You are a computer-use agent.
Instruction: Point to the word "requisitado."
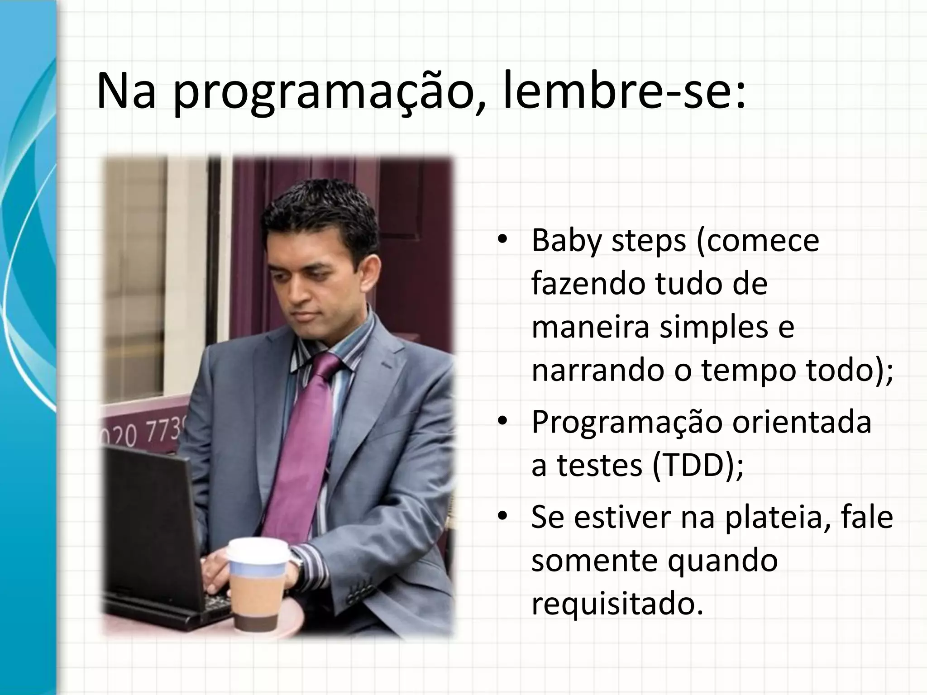point(617,604)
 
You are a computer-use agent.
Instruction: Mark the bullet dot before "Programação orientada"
point(501,422)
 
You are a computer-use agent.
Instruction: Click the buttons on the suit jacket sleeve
point(358,593)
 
